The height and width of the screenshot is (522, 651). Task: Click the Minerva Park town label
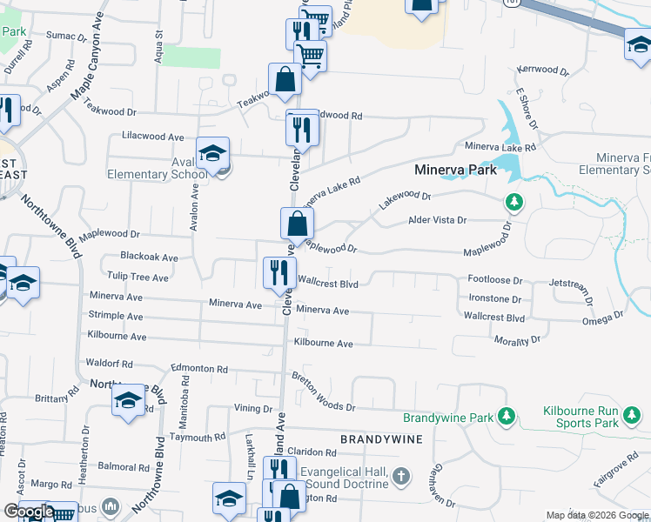[456, 170]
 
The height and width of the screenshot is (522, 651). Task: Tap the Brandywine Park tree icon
[504, 418]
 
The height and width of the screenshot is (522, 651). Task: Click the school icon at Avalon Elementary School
[212, 154]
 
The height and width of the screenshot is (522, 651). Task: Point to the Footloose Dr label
[494, 281]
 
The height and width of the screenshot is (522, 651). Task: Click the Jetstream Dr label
[576, 284]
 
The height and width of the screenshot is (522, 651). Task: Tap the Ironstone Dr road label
[494, 298]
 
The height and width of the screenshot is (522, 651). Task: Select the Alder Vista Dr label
[438, 221]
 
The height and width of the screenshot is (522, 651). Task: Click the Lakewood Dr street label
[405, 201]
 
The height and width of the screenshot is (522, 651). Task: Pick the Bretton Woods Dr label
[324, 394]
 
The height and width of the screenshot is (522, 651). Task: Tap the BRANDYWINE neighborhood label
[380, 440]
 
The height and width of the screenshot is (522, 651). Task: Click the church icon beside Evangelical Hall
[399, 476]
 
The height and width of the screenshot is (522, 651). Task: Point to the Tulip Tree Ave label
[136, 278]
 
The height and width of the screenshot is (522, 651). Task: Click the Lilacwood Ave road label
[153, 137]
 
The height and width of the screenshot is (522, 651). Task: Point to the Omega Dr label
[607, 316]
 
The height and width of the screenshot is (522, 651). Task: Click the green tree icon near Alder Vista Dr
[514, 203]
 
